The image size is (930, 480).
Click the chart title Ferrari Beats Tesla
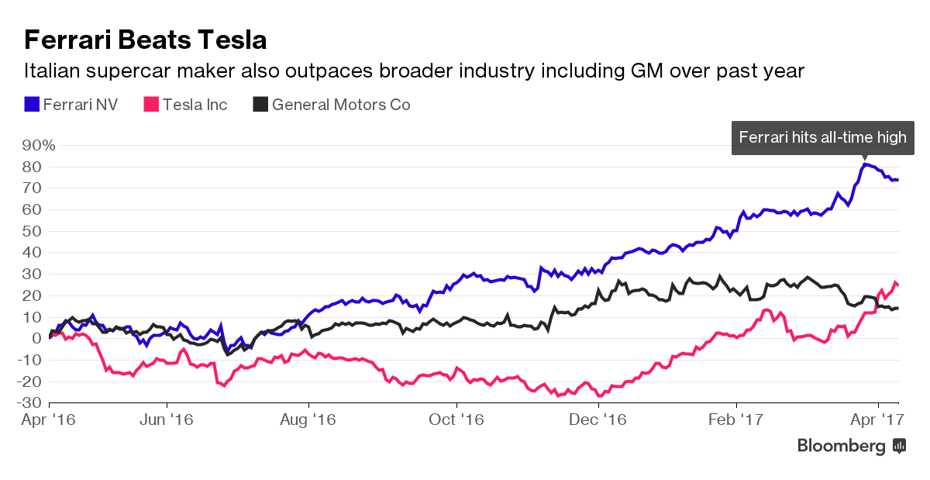pos(146,40)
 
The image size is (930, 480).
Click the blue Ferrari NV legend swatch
pos(32,104)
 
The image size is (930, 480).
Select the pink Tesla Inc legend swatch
pos(151,104)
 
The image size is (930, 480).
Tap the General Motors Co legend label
pos(341,104)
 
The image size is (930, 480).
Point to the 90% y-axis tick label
pos(38,145)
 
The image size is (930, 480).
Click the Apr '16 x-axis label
pos(49,420)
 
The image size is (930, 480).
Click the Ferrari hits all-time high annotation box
pos(822,138)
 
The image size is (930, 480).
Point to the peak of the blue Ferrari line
pos(865,164)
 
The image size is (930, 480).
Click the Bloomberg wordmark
pos(842,446)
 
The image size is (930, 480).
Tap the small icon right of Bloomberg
pos(900,446)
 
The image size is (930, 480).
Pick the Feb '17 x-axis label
pos(736,420)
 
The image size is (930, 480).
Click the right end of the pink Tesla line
pos(897,284)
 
